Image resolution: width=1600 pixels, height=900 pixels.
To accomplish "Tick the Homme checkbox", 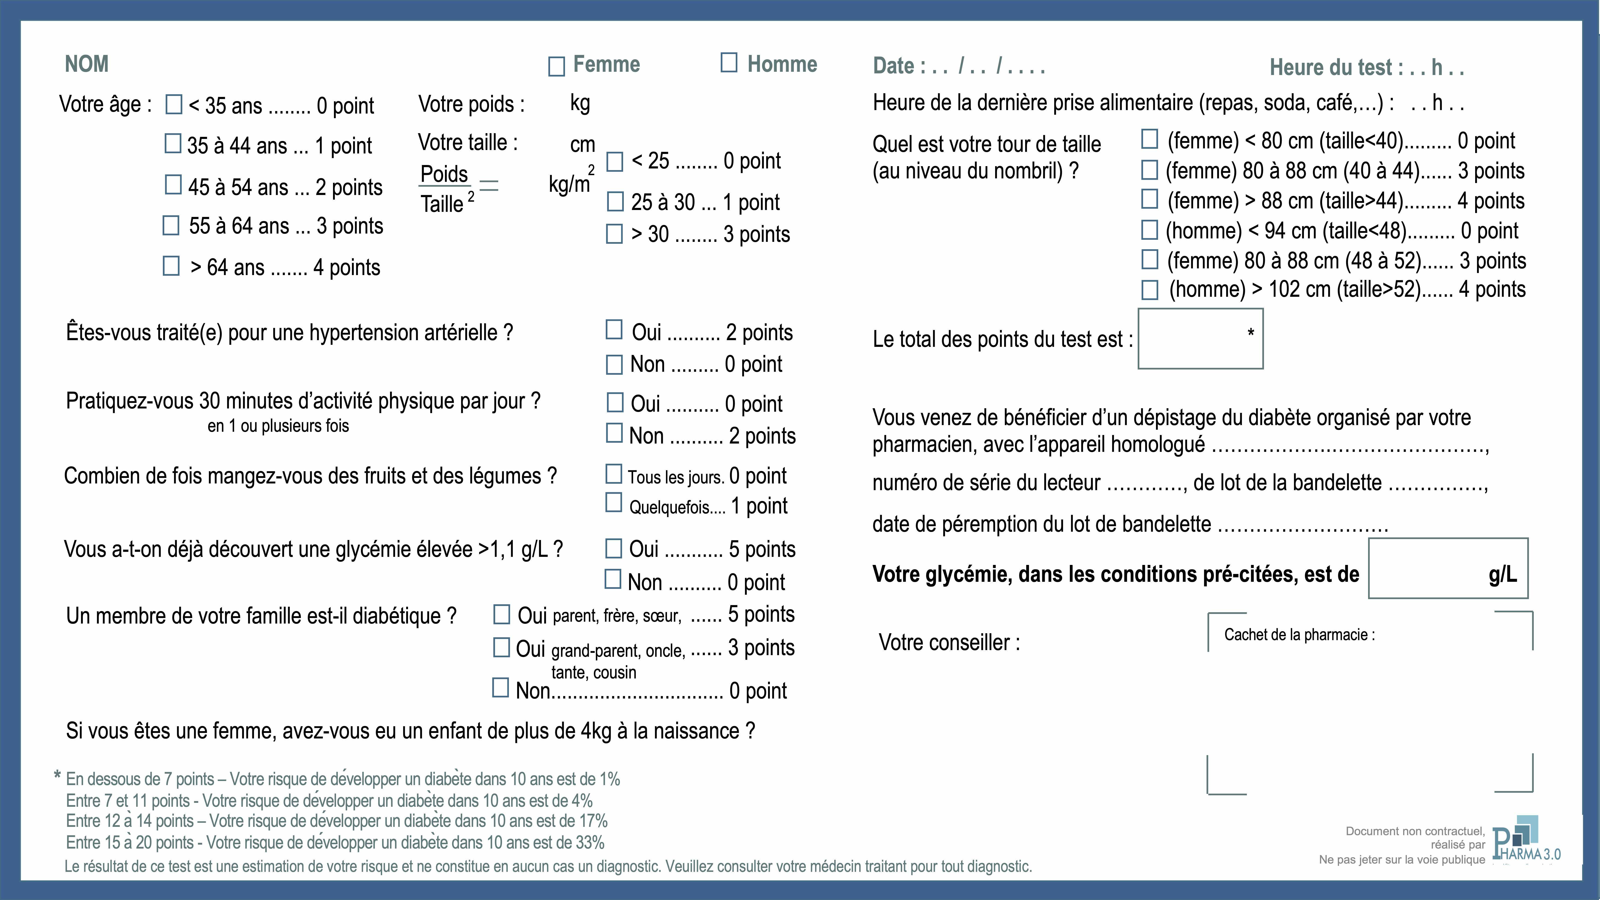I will [x=729, y=63].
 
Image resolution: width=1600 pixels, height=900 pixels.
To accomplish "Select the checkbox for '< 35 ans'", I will [x=174, y=104].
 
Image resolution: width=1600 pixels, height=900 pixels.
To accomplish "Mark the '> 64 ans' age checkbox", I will [x=171, y=266].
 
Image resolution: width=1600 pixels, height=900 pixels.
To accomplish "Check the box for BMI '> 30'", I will [x=614, y=234].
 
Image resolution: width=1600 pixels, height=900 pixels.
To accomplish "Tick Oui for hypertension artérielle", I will [x=614, y=330].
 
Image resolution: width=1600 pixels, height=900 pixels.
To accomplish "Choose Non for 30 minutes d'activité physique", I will [x=614, y=433].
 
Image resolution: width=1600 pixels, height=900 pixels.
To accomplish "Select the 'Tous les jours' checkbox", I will [x=614, y=474].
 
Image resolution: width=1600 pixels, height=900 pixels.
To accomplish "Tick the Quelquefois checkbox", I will [x=614, y=502].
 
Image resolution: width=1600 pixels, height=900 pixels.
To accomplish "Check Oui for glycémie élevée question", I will [x=614, y=549].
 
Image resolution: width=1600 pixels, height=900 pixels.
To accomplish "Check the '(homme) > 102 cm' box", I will [x=1150, y=289].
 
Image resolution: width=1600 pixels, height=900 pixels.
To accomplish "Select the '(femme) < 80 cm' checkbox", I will [x=1150, y=139].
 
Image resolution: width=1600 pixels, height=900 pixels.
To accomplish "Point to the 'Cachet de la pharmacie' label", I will [x=1299, y=635].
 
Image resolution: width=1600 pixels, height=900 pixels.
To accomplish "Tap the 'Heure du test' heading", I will [x=1366, y=67].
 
